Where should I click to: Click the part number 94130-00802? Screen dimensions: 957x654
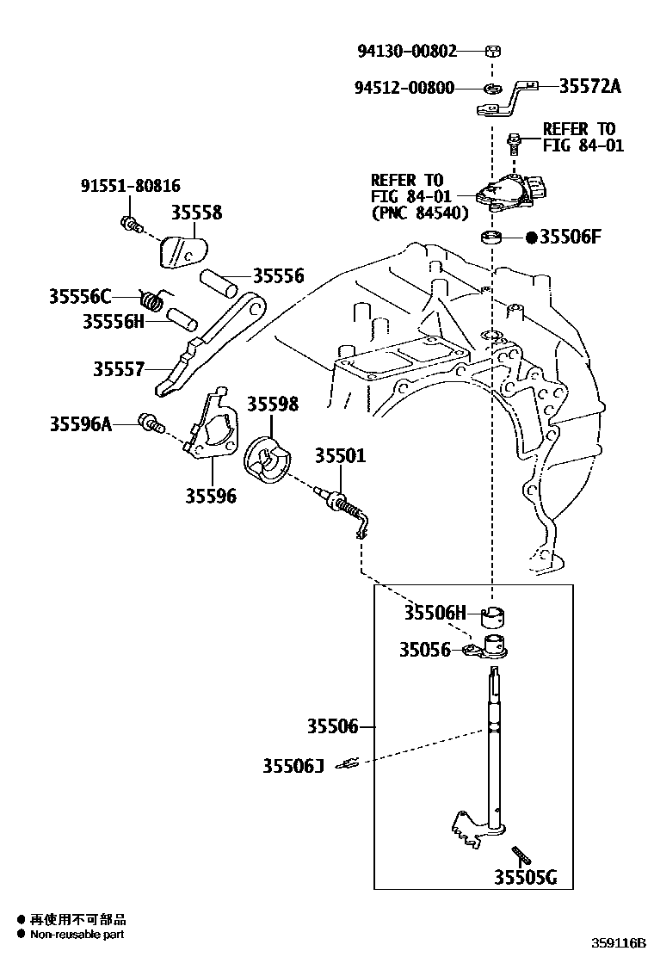pyautogui.click(x=407, y=51)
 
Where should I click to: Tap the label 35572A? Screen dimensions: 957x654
pyautogui.click(x=589, y=86)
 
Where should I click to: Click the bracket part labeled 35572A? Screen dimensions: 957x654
pyautogui.click(x=508, y=99)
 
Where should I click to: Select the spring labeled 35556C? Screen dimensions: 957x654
pyautogui.click(x=153, y=300)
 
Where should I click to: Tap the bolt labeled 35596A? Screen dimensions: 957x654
pyautogui.click(x=152, y=423)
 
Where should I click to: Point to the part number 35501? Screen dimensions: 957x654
pyautogui.click(x=339, y=455)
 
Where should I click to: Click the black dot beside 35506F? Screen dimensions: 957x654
pyautogui.click(x=531, y=238)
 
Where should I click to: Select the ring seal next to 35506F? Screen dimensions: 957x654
pyautogui.click(x=492, y=237)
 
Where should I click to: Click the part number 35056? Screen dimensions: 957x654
pyautogui.click(x=424, y=650)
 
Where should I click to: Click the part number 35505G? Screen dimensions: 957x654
pyautogui.click(x=525, y=877)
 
